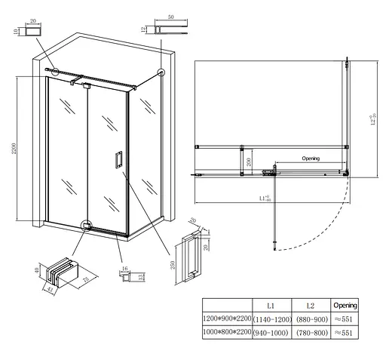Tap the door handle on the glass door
point(118,159)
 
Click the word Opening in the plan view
point(311,158)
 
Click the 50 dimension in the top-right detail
point(172,16)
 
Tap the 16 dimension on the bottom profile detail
point(123,268)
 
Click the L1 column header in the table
point(270,306)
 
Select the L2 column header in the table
point(311,306)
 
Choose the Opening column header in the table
point(345,306)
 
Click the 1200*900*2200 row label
point(225,319)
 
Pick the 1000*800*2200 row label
point(225,333)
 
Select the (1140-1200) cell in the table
point(270,319)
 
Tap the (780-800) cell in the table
point(311,333)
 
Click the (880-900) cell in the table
point(311,319)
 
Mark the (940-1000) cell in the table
point(270,333)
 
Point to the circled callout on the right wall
point(161,72)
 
